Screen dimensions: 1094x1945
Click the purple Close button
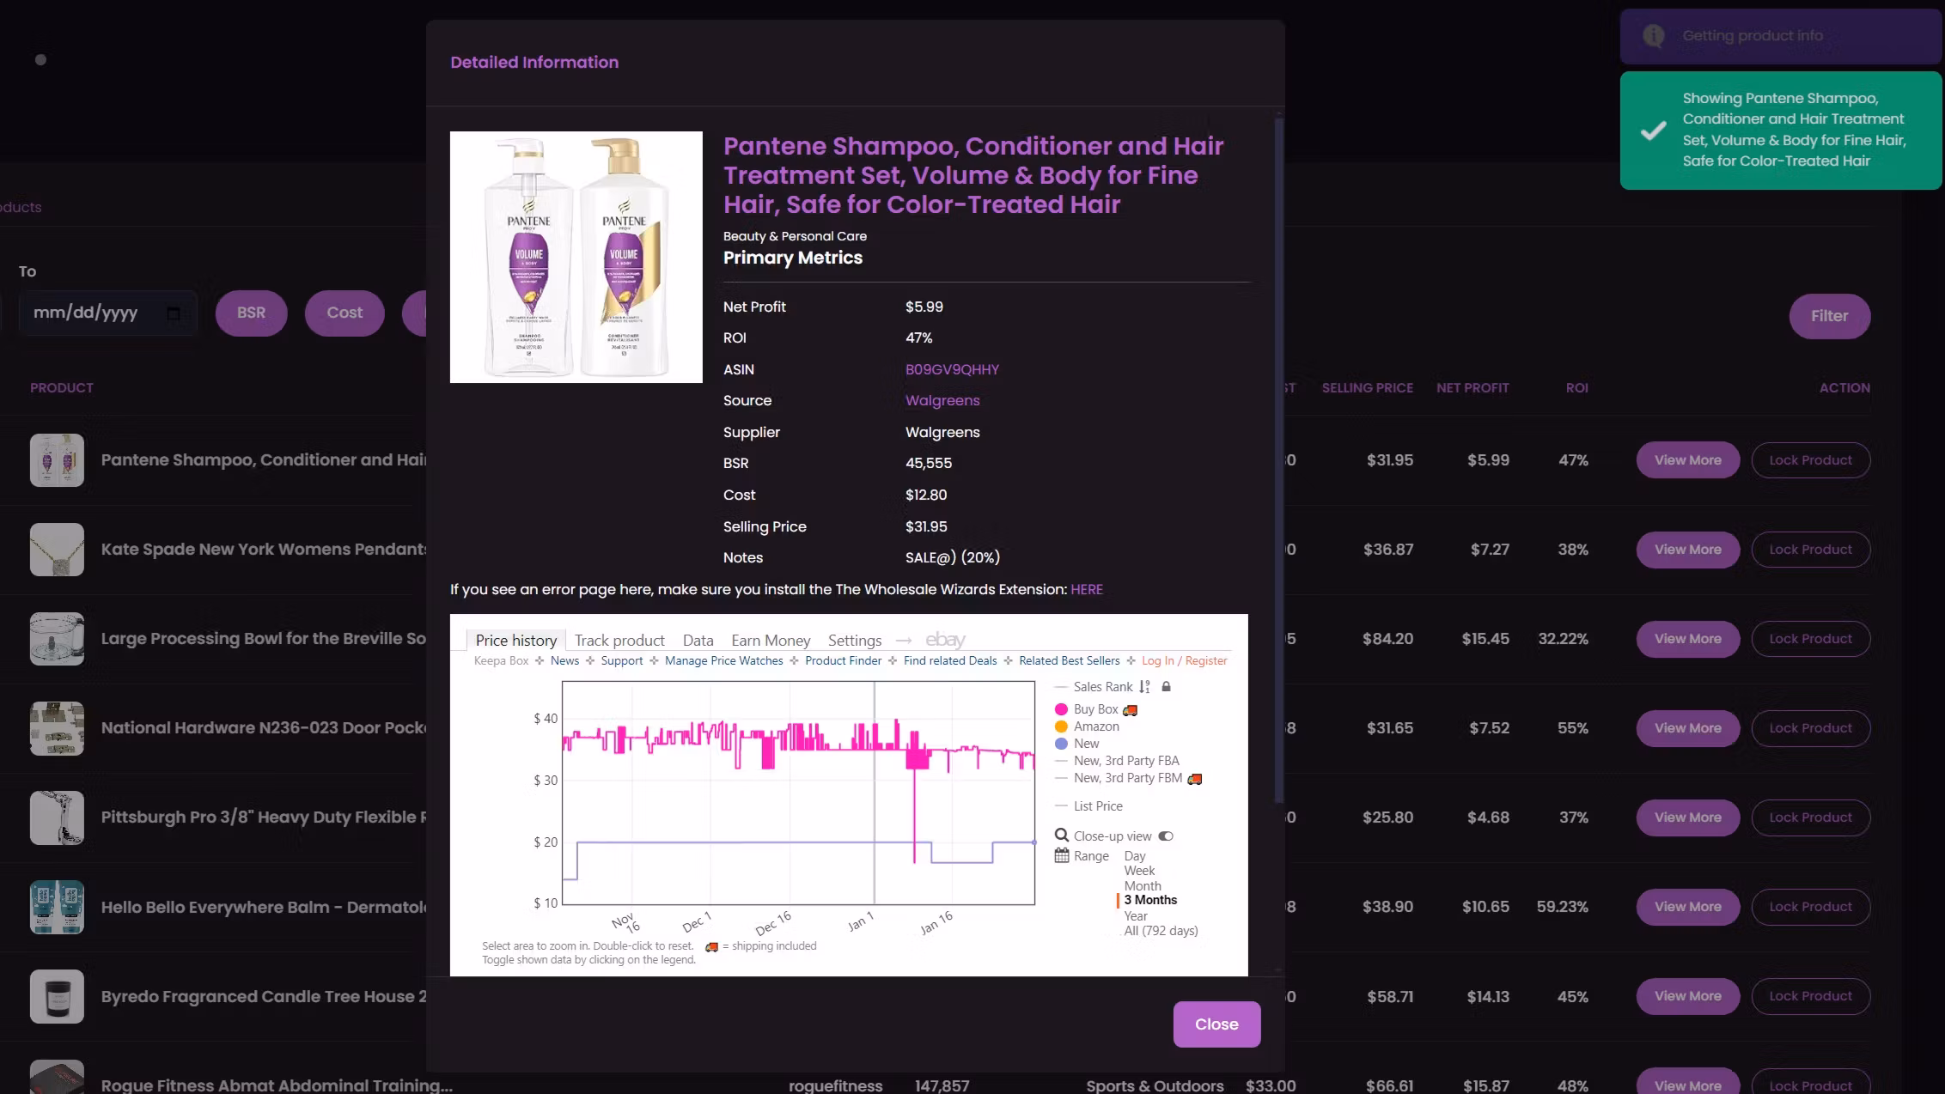coord(1216,1024)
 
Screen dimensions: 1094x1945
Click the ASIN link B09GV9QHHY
coord(952,369)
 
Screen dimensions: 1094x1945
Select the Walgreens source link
coord(942,400)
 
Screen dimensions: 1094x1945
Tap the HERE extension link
coord(1087,589)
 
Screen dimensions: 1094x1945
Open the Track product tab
coord(619,641)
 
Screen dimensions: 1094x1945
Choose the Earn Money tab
coord(771,641)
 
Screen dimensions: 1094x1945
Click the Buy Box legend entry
coord(1095,709)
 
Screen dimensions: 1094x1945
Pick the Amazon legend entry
coord(1096,726)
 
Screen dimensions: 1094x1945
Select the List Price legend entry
coord(1098,806)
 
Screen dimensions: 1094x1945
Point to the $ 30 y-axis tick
coord(546,781)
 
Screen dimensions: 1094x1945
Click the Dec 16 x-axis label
coord(773,923)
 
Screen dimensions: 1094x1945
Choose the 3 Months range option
coord(1150,900)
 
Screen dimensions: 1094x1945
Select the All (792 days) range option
coord(1161,931)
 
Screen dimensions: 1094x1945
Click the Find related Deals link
coord(950,661)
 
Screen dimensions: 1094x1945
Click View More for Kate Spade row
coord(1687,550)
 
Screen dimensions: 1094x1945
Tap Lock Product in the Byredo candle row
coord(1810,996)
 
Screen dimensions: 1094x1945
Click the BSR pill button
coord(251,313)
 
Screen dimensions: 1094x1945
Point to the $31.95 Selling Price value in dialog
coord(926,526)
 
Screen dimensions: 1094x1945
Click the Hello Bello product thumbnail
coord(57,907)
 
